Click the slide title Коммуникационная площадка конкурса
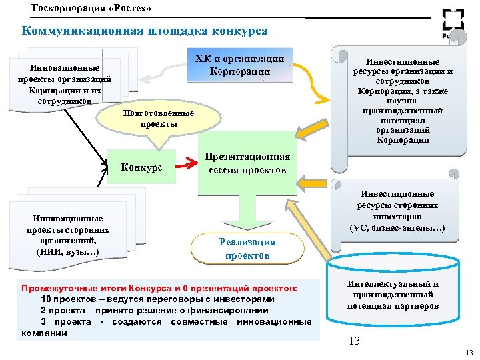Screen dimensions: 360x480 click(145, 31)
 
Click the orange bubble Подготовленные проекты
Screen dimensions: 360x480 click(159, 119)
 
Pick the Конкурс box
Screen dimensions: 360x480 click(141, 166)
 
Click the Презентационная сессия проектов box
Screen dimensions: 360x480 click(247, 164)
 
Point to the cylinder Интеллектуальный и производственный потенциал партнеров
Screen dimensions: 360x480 click(393, 296)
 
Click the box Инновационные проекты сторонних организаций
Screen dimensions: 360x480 click(68, 235)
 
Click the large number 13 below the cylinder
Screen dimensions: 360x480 click(354, 341)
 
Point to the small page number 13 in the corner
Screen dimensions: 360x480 click(469, 353)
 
